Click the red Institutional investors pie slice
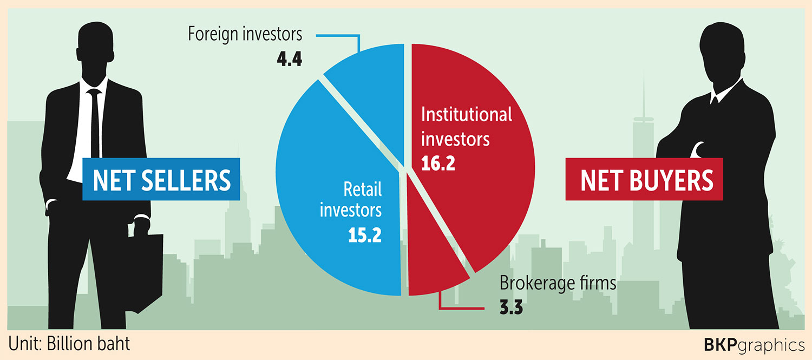click(476, 206)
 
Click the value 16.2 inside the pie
click(438, 162)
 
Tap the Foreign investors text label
click(245, 34)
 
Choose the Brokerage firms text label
click(558, 283)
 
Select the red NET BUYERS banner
click(647, 180)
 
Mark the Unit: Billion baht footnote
click(69, 344)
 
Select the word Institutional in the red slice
click(467, 115)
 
